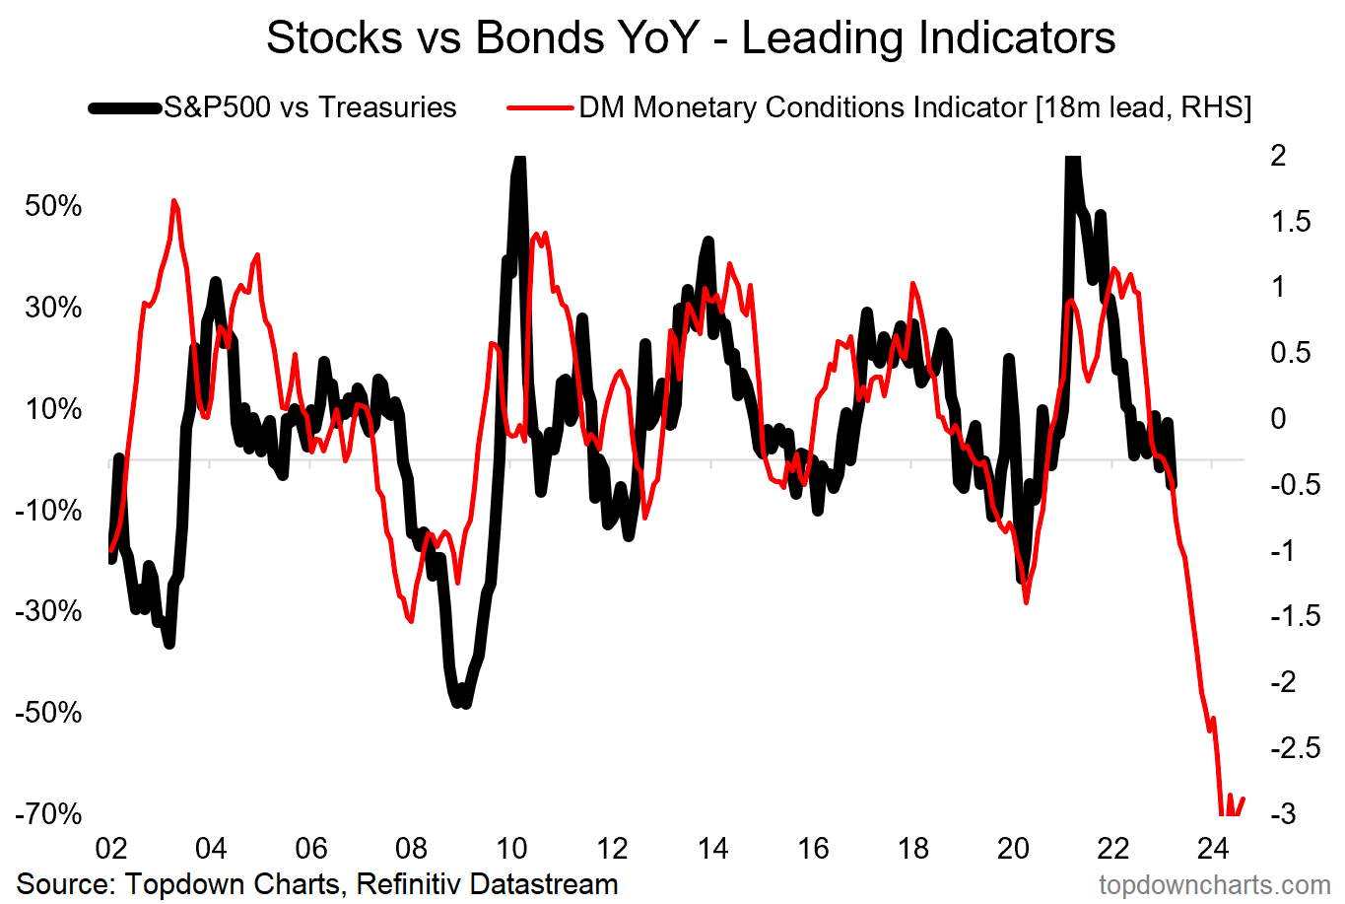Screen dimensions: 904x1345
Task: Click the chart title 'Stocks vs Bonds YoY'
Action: [x=690, y=37]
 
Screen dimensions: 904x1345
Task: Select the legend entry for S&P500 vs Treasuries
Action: [x=309, y=106]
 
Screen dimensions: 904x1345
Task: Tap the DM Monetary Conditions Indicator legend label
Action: [x=914, y=106]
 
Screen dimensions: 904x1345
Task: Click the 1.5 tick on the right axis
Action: [x=1291, y=221]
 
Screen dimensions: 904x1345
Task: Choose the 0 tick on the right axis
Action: [x=1279, y=419]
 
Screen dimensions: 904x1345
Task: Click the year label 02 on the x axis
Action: [x=110, y=849]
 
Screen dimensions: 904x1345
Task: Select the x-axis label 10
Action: [x=511, y=849]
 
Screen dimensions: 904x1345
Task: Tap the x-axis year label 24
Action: [x=1213, y=849]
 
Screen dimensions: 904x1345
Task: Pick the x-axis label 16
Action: [x=813, y=849]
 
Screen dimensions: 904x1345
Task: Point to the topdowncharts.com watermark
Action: [x=1215, y=885]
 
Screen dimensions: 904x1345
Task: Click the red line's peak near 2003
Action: [x=174, y=201]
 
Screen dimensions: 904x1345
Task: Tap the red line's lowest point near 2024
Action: [x=1225, y=813]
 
